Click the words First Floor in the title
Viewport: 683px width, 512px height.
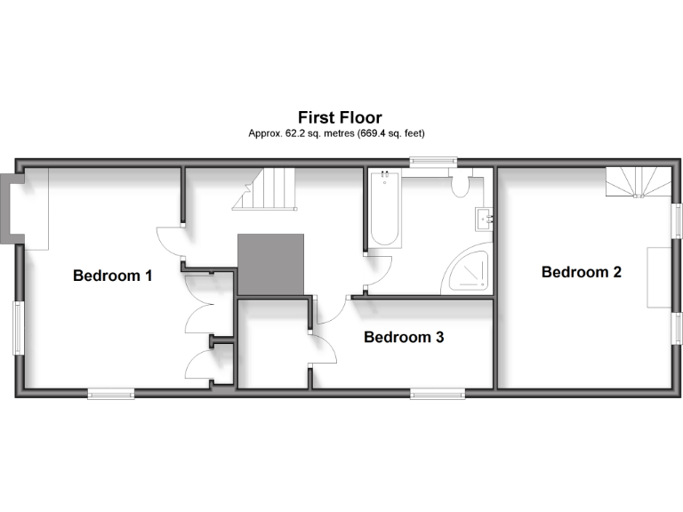[x=340, y=117]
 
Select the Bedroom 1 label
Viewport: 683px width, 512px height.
[x=112, y=276]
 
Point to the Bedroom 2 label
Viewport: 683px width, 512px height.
[x=581, y=272]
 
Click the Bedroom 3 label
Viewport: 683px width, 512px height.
[x=404, y=338]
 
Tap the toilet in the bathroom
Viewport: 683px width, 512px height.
[x=461, y=185]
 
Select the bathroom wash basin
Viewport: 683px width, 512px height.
[x=484, y=217]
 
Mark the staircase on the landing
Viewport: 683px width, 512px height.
[x=264, y=189]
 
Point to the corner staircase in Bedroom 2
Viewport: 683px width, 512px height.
[x=638, y=182]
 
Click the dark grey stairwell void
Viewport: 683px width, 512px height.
[x=270, y=263]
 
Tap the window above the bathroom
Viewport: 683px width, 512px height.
[x=433, y=162]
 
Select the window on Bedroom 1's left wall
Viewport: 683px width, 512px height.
[x=18, y=327]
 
